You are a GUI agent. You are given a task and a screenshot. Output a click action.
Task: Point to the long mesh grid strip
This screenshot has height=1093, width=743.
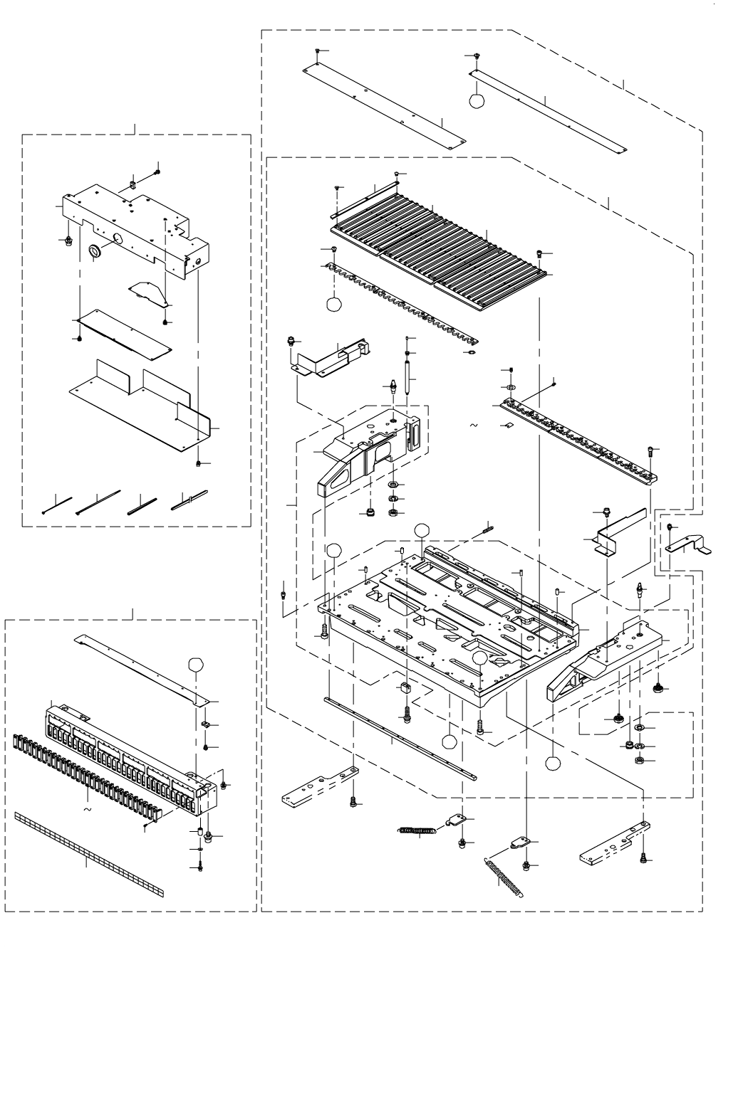click(88, 853)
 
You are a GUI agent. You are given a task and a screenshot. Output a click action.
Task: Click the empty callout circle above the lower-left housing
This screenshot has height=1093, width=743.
click(196, 665)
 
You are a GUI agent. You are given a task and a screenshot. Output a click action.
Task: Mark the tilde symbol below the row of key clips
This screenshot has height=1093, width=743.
click(87, 810)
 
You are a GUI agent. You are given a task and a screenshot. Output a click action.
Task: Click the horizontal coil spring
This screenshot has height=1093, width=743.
click(417, 830)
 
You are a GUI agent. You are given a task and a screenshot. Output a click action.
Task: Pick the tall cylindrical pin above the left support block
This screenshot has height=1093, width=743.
click(407, 376)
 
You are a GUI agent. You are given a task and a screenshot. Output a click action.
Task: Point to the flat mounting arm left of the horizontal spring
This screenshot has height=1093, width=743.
click(318, 786)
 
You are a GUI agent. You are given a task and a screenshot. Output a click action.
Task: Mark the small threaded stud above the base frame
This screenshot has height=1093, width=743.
click(487, 528)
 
